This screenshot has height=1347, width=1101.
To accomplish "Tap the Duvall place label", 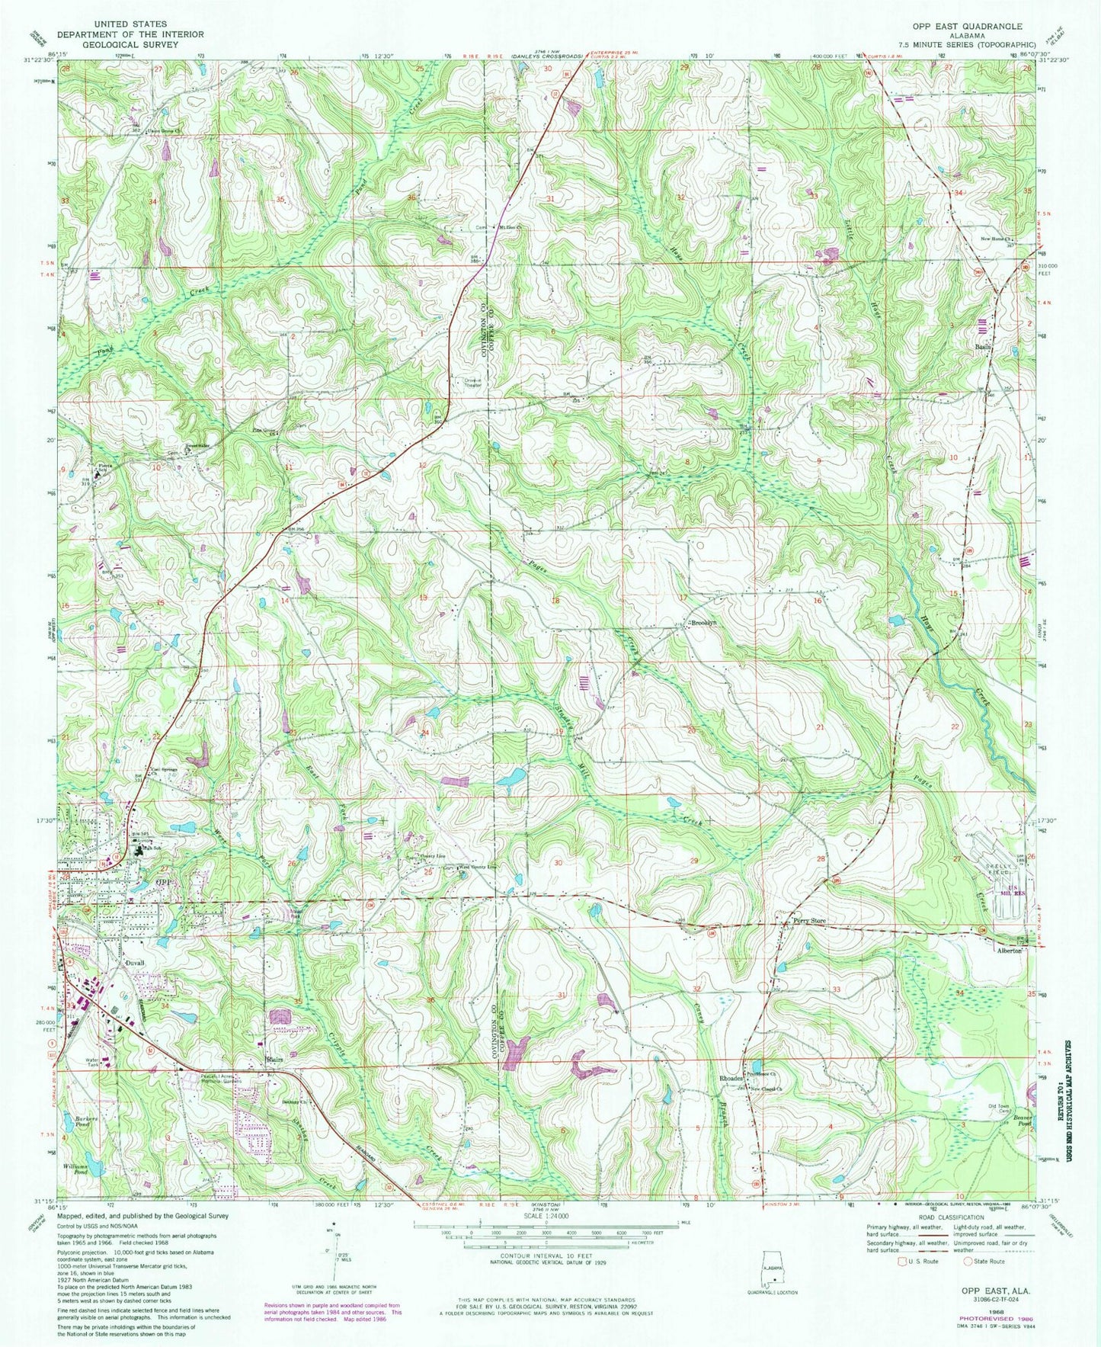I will click(134, 964).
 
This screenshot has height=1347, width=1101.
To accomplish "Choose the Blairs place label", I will click(275, 1060).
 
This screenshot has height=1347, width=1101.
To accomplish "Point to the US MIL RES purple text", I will click(1007, 889).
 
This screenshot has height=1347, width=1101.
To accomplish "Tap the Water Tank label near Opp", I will click(94, 1063).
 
